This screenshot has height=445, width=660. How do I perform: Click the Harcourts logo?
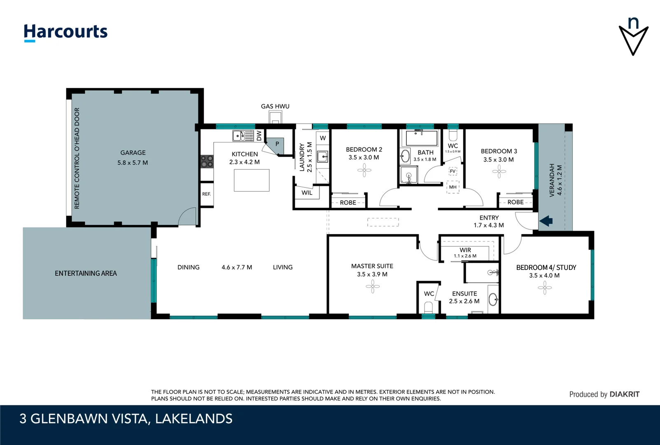tap(65, 32)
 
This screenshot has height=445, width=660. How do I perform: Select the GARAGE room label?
tap(133, 153)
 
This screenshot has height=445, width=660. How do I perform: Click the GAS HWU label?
tap(275, 106)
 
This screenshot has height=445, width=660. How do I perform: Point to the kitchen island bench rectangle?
tap(252, 180)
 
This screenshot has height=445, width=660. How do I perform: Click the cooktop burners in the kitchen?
tap(207, 161)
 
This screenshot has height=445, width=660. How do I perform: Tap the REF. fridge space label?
tap(206, 194)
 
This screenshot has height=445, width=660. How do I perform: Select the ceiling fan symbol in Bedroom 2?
tap(364, 170)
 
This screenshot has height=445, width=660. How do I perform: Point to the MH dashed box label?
tap(453, 187)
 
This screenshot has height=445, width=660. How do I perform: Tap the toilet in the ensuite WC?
tap(429, 307)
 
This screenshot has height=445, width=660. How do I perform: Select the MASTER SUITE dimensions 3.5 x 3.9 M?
tap(372, 274)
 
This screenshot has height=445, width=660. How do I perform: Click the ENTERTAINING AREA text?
tap(86, 274)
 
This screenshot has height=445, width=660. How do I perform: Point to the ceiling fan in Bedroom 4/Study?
tap(544, 288)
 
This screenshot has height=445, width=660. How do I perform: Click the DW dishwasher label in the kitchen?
tap(259, 136)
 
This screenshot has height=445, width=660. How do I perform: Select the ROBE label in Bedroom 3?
tap(515, 202)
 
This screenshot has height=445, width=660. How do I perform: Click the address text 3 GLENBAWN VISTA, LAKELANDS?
tap(126, 419)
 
